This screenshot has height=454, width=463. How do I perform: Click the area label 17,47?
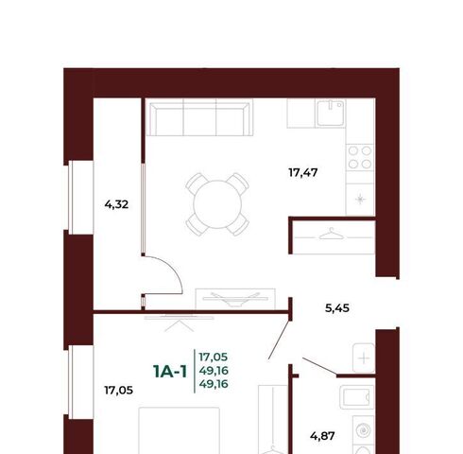(303, 173)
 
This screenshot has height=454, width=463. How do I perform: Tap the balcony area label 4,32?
(116, 205)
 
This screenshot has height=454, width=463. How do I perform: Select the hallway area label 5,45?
(337, 308)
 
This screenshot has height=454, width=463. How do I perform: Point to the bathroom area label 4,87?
(322, 436)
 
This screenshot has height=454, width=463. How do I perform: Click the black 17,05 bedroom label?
(118, 391)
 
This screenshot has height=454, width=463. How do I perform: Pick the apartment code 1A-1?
(170, 371)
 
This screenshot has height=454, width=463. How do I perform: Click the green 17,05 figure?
(214, 358)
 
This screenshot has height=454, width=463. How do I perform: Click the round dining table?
(217, 204)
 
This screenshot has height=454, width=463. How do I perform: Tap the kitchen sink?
(331, 113)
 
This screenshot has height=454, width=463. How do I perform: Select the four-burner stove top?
(360, 157)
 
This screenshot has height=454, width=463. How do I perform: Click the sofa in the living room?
(200, 117)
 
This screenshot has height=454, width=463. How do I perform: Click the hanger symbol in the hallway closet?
(332, 235)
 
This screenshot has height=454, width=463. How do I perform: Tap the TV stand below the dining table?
(235, 299)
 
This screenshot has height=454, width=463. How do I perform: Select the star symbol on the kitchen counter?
(360, 200)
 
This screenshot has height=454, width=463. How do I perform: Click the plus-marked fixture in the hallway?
(364, 358)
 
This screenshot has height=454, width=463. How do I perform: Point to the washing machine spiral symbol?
(363, 430)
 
